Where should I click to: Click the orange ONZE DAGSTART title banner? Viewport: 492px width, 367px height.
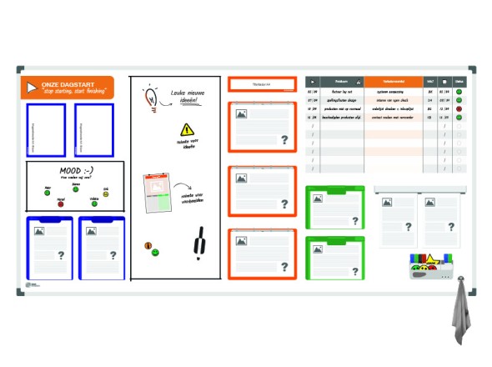coord(67,88)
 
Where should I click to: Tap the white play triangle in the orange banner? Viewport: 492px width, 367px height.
coord(32,88)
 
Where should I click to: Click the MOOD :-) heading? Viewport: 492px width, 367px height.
coord(76,170)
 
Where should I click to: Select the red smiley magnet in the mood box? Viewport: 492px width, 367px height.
coord(60,204)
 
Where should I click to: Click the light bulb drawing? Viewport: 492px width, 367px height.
coord(152,96)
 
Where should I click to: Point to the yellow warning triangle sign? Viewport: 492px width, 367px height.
coord(187,129)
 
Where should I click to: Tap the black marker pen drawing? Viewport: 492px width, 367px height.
coord(198,244)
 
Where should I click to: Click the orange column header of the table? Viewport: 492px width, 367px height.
coord(394,81)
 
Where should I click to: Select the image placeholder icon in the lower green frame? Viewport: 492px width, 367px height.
coord(318,248)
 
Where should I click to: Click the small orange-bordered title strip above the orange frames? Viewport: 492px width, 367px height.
coord(262,84)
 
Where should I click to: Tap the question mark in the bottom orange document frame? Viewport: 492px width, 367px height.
coord(284,268)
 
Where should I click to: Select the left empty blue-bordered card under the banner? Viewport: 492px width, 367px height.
coord(46,130)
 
